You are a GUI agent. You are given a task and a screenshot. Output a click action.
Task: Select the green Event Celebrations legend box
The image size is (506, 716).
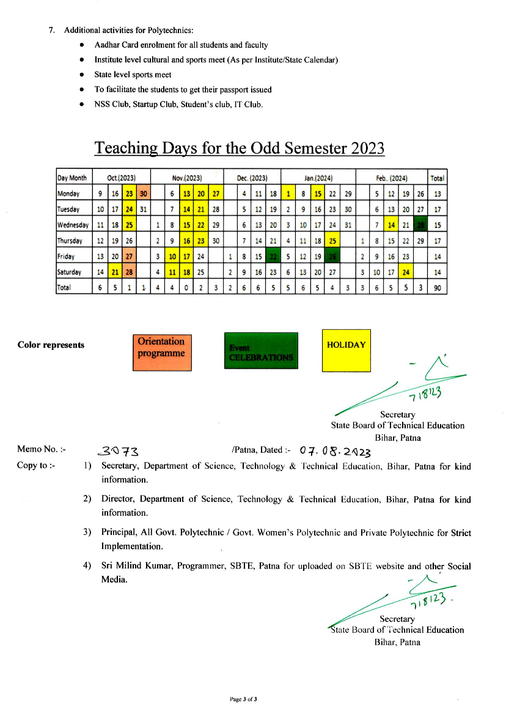(x=260, y=351)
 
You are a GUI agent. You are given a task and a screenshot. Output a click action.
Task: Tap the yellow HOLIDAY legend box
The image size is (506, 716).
(x=346, y=351)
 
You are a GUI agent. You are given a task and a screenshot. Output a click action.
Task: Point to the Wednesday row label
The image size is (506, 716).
(x=73, y=225)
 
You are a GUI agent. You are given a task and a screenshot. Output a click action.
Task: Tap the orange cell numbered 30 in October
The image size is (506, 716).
(x=144, y=194)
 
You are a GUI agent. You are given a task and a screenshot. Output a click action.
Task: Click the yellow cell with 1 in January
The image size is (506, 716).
(x=287, y=194)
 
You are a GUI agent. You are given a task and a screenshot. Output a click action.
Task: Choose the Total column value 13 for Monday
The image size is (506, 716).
(x=437, y=194)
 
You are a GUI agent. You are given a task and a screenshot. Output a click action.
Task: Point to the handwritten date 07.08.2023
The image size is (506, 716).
(x=334, y=452)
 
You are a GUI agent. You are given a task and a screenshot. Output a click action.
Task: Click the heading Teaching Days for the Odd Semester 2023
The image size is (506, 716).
(x=240, y=149)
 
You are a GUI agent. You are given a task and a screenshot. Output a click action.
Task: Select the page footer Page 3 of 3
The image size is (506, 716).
(x=243, y=699)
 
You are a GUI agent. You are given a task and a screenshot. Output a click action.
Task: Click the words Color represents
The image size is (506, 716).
(x=51, y=345)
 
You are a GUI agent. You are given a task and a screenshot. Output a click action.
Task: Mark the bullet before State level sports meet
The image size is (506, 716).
(x=82, y=75)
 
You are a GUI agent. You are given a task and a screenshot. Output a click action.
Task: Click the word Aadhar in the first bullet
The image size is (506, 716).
(x=106, y=45)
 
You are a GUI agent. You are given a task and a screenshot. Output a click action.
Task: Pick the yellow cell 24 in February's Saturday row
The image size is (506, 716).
(x=405, y=272)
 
